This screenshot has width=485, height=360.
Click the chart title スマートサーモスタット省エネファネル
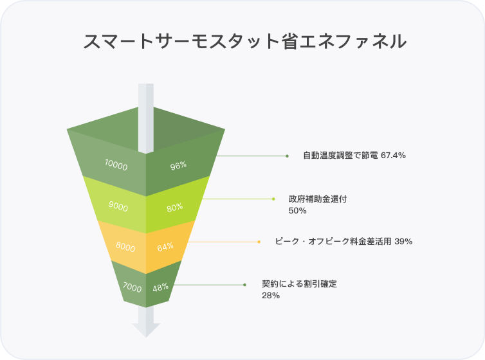245,42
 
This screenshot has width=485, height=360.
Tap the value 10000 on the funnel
116,165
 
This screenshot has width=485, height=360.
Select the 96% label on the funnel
178,165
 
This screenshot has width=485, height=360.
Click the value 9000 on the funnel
118,207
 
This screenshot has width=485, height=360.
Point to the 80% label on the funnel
174,207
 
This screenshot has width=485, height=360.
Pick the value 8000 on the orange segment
125,247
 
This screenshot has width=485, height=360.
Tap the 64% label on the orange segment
165,247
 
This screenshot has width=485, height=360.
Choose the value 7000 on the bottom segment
131,288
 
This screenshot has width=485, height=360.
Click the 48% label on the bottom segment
160,288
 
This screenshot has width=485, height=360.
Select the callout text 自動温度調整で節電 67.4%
354,156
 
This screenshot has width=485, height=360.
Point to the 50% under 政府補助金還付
298,210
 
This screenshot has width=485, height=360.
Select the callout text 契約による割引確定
300,283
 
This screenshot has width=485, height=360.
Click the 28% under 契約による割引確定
270,295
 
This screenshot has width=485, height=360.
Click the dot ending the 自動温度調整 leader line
287,156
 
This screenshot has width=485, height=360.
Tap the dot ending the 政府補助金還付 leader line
273,199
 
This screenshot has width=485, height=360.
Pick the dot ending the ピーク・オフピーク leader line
259,242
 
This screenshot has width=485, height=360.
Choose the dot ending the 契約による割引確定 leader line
244,284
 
